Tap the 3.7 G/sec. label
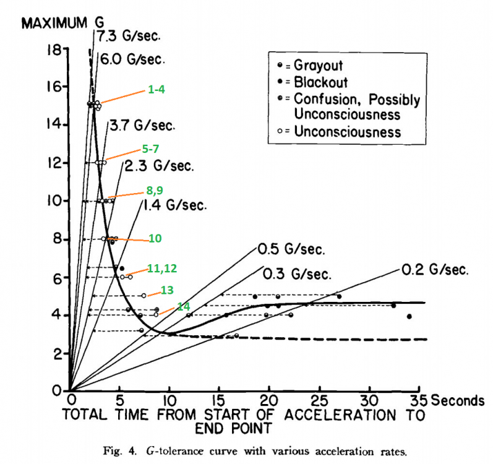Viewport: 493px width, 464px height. coord(142,126)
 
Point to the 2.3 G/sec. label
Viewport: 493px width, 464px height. coord(159,166)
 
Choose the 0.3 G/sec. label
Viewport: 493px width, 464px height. coord(296,273)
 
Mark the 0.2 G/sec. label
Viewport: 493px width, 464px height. coord(435,270)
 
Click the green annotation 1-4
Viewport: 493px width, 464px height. coord(156,90)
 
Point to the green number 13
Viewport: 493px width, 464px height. coord(168,290)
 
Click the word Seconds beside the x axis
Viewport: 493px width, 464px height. coord(458,400)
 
